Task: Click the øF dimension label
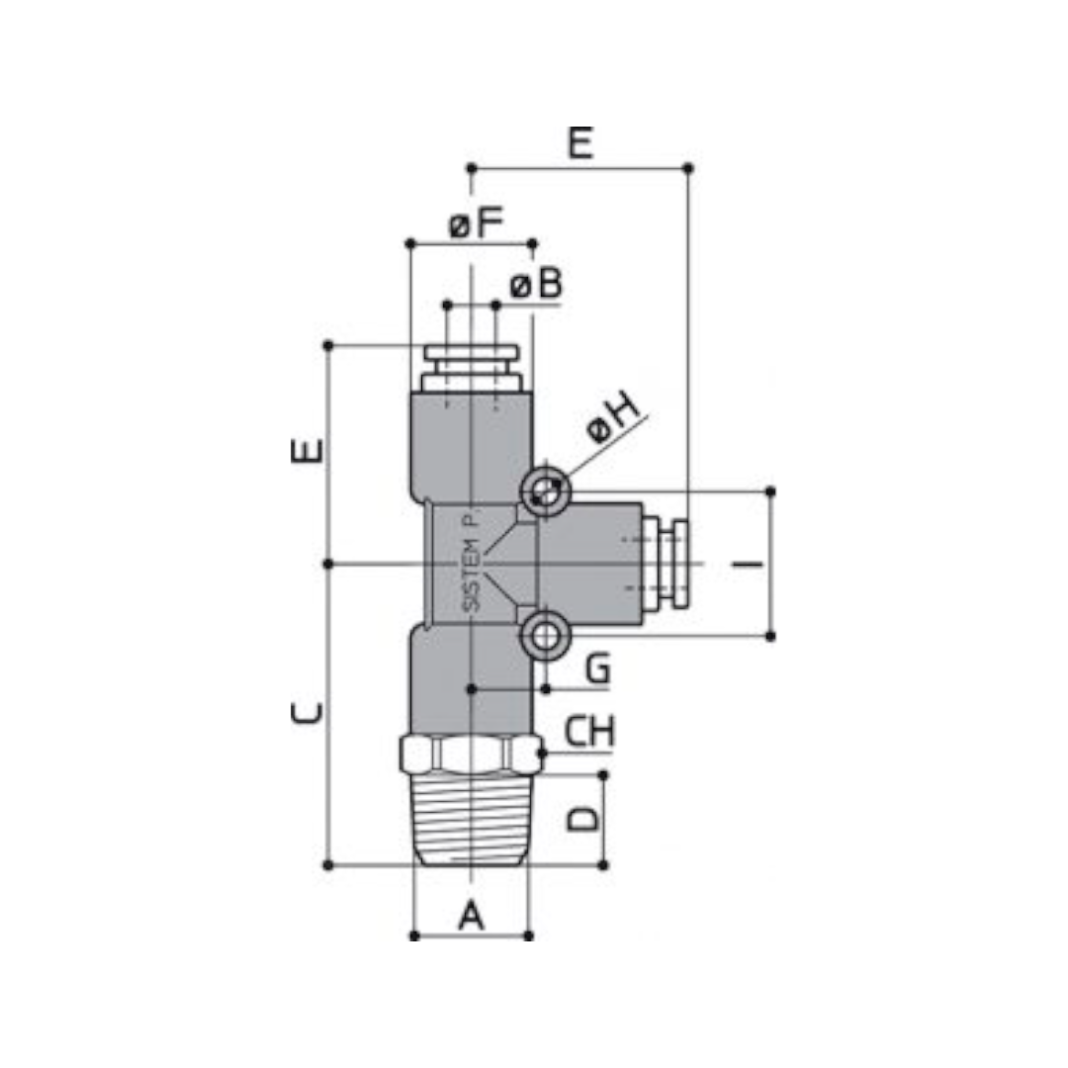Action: (476, 222)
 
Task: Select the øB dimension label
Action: (536, 284)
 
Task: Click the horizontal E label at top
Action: (580, 142)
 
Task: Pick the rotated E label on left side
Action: (307, 451)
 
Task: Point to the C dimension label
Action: (307, 712)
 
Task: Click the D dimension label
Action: (583, 819)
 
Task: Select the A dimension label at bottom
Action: (472, 915)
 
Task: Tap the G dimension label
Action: (598, 667)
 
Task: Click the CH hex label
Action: (589, 731)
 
